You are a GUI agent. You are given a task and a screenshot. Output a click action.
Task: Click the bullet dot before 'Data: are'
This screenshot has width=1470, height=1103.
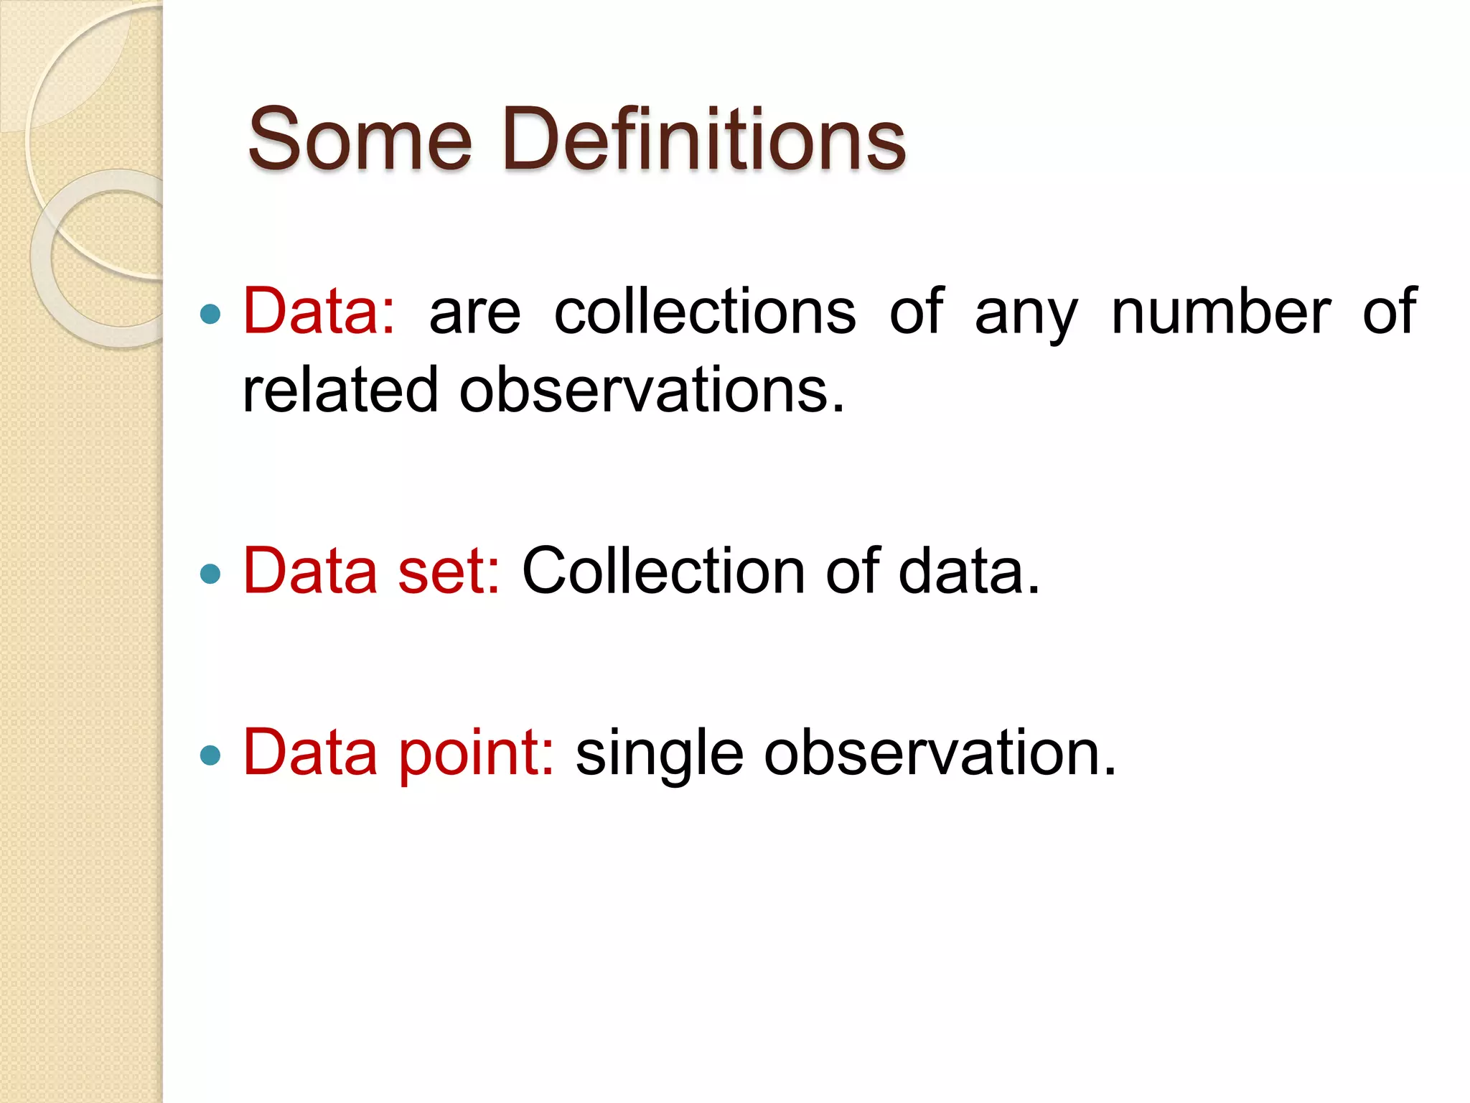click(x=210, y=314)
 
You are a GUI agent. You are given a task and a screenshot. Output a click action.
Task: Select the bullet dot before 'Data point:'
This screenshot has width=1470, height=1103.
click(x=210, y=755)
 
